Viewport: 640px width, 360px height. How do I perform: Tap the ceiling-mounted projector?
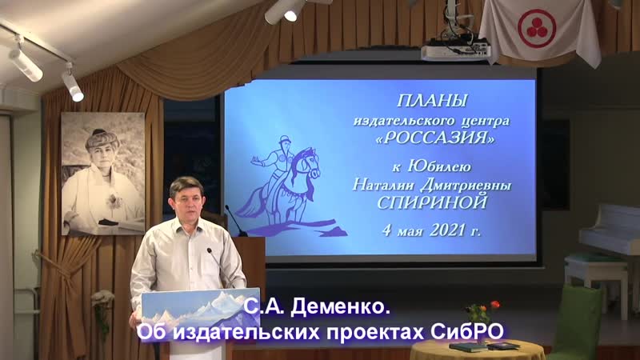455,50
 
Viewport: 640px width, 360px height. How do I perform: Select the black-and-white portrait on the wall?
102,173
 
